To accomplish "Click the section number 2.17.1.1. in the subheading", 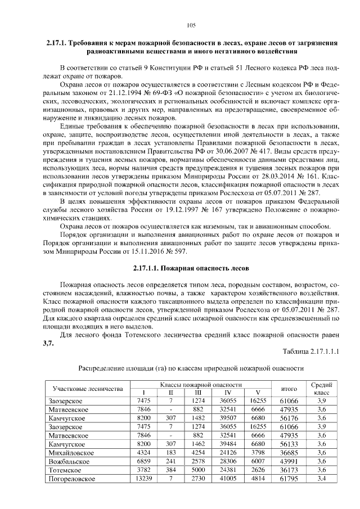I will click(x=148, y=269).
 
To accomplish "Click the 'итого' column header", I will click(x=289, y=388).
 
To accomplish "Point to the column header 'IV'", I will click(x=228, y=392).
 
